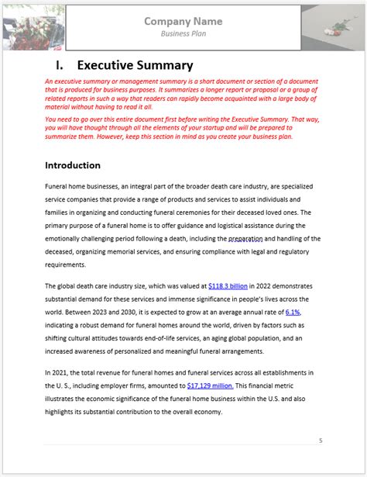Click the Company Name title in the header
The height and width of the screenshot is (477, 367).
pyautogui.click(x=183, y=21)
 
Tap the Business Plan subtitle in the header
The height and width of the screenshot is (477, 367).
pyautogui.click(x=183, y=34)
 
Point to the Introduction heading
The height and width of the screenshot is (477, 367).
pyautogui.click(x=72, y=165)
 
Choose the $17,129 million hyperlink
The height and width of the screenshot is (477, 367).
pyautogui.click(x=210, y=385)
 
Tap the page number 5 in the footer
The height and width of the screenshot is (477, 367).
pyautogui.click(x=321, y=441)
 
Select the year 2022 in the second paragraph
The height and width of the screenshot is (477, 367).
pyautogui.click(x=263, y=286)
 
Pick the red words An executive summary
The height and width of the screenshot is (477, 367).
pyautogui.click(x=82, y=81)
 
